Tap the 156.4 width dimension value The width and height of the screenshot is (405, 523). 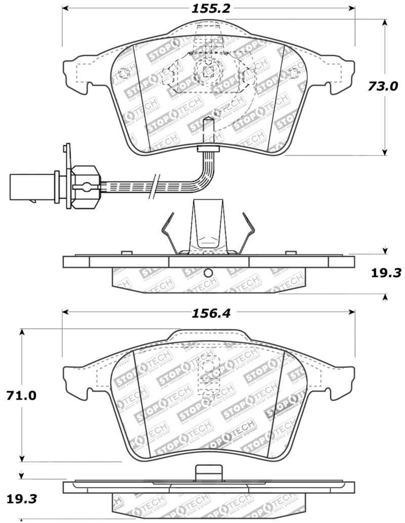pyautogui.click(x=211, y=313)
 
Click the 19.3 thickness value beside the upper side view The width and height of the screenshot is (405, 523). pyautogui.click(x=386, y=273)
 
